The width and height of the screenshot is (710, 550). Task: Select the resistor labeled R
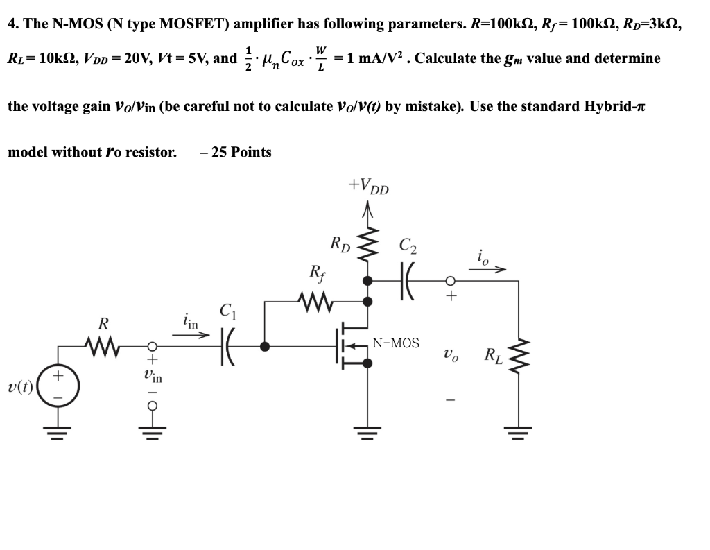pyautogui.click(x=103, y=345)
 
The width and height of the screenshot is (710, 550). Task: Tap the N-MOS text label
pyautogui.click(x=396, y=343)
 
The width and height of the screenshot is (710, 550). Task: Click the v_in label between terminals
pyautogui.click(x=153, y=379)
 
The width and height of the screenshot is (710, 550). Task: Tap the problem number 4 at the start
pyautogui.click(x=12, y=24)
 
